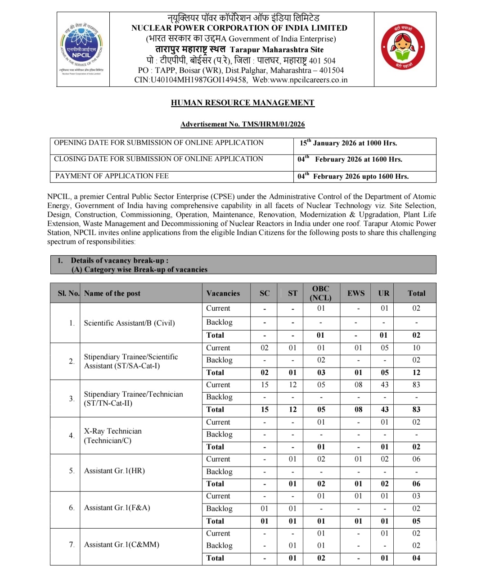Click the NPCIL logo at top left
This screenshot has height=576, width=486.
[82, 49]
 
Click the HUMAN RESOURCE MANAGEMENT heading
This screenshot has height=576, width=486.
[243, 103]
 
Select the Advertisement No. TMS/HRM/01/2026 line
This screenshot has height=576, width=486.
[243, 124]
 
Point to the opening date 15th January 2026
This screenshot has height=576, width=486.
[348, 143]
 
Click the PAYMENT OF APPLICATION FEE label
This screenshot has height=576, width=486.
[112, 176]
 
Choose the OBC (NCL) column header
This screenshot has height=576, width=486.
[320, 293]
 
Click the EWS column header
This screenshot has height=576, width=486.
[356, 293]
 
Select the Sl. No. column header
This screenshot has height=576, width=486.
[68, 293]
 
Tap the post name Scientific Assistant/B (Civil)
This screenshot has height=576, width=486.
[129, 323]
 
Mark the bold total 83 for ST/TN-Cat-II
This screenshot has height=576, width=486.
[416, 409]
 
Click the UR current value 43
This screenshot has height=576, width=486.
[383, 385]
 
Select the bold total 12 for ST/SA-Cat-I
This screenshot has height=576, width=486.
[416, 372]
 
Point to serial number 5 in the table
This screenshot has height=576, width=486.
[72, 471]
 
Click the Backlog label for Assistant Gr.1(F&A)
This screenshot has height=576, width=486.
[219, 508]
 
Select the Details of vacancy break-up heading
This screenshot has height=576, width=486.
[120, 260]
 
